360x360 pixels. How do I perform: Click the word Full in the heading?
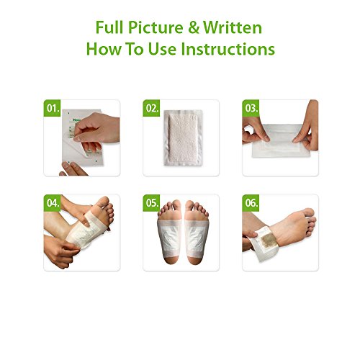[x=110, y=27]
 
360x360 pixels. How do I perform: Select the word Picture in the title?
[x=156, y=28]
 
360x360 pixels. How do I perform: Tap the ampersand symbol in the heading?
[x=194, y=27]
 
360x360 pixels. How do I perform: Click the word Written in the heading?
[x=233, y=27]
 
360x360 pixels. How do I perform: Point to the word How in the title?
[x=104, y=49]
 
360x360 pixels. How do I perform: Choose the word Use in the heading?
[x=162, y=49]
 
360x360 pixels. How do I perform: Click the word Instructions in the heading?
[x=228, y=49]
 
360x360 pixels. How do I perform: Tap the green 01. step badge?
[x=52, y=108]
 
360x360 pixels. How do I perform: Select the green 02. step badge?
[x=151, y=108]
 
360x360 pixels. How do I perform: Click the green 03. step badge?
[x=251, y=108]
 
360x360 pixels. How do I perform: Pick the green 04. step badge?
[x=52, y=203]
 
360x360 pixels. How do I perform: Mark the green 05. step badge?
[x=151, y=203]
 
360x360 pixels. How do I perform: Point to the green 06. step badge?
[x=251, y=203]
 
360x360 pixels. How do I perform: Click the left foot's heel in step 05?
[x=168, y=258]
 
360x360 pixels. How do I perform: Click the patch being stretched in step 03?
[x=280, y=140]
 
